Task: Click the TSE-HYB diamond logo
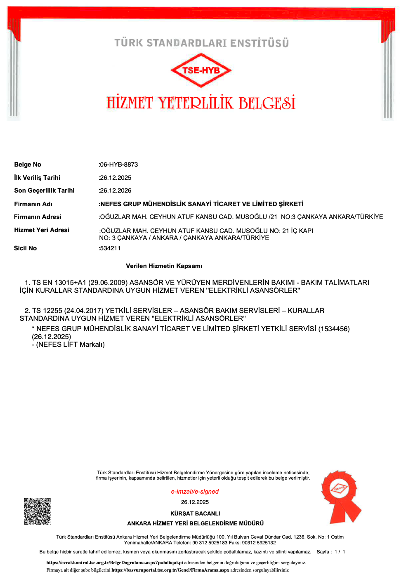click(x=201, y=70)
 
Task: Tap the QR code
click(x=37, y=511)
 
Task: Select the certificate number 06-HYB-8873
click(x=119, y=165)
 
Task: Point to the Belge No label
click(x=28, y=165)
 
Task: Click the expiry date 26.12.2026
click(x=116, y=191)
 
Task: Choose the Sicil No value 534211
click(x=110, y=248)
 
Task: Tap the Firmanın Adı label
click(x=33, y=204)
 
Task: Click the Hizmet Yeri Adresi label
click(x=42, y=230)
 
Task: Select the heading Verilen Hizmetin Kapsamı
click(x=164, y=266)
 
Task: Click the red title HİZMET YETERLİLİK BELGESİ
click(x=201, y=103)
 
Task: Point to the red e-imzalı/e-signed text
click(x=195, y=492)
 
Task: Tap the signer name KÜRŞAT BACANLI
click(x=195, y=513)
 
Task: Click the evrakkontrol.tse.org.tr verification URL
click(x=115, y=563)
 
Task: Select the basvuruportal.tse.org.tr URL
click(x=170, y=570)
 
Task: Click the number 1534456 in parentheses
click(x=334, y=329)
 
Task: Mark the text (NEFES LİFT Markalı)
click(x=70, y=344)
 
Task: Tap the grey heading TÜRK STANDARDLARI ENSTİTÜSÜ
click(x=201, y=43)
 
